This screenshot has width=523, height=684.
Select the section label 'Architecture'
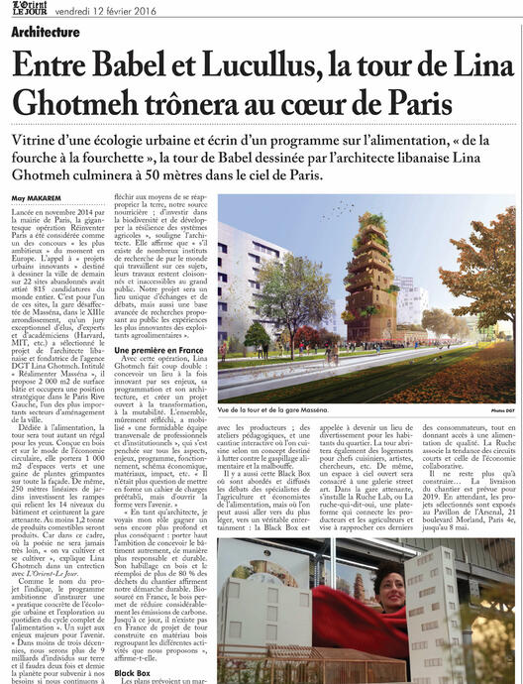coord(47,32)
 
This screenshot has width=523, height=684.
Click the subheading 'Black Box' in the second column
coord(133,673)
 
